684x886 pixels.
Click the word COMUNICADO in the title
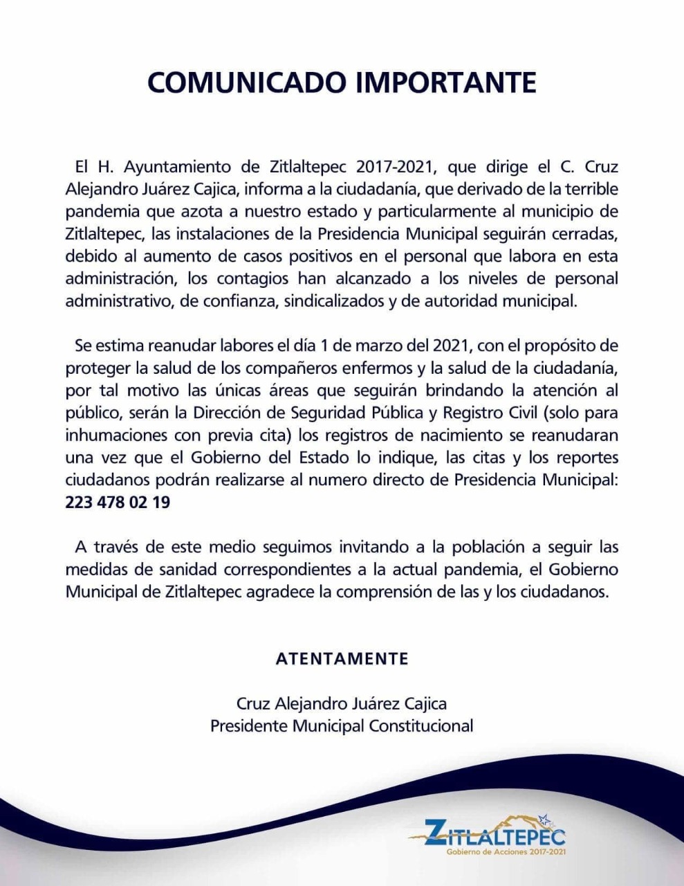[x=246, y=82]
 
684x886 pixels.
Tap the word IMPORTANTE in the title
[x=446, y=82]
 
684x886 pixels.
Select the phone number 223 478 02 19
[x=118, y=503]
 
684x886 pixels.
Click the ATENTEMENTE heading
[x=342, y=658]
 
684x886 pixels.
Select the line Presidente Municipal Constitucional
[x=342, y=726]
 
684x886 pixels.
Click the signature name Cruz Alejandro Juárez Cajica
[x=342, y=704]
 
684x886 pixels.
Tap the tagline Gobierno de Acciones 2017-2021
[x=507, y=851]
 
